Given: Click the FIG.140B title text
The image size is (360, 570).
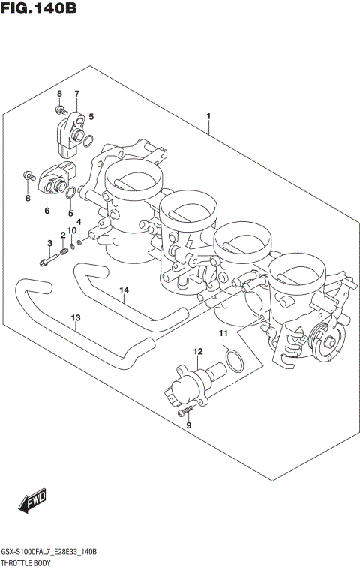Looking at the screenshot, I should point(39,10).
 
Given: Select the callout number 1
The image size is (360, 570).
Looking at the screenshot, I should point(208,116).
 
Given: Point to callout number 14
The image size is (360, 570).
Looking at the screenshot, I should point(124,289).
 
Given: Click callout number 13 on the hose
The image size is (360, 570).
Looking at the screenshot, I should point(75,318).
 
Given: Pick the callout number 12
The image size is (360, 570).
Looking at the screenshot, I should point(198,351).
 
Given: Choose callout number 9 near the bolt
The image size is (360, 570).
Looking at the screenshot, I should point(189,425).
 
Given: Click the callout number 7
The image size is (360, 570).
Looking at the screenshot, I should point(76,93).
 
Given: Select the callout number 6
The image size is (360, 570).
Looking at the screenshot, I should point(46,211).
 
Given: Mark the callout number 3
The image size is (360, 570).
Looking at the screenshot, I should point(50,242).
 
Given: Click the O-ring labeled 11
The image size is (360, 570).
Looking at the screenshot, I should point(234,361).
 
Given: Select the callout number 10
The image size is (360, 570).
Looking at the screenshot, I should point(72,229).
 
